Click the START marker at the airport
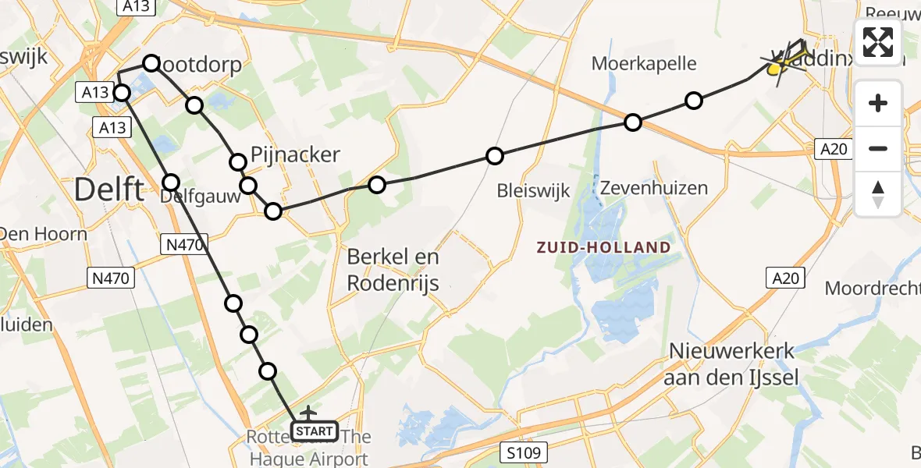315,431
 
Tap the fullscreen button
878,42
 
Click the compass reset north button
878,194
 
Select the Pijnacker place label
296,154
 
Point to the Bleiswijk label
534,190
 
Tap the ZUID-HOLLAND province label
603,248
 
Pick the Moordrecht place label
873,288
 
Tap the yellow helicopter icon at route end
776,69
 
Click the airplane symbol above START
308,411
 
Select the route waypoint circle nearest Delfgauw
171,183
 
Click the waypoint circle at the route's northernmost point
151,62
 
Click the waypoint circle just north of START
268,371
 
